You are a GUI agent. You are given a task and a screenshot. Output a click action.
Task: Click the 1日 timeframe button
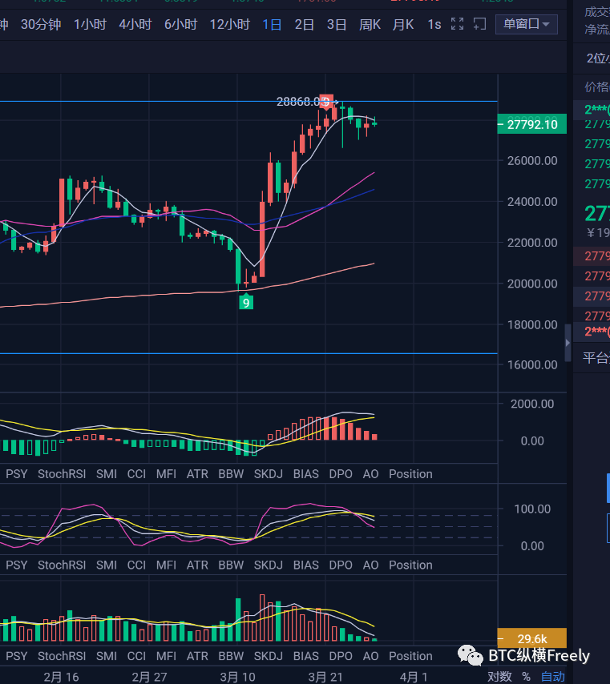pos(272,24)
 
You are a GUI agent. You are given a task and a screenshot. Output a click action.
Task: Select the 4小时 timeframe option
pos(135,24)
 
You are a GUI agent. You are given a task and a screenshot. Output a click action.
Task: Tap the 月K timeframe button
pos(402,24)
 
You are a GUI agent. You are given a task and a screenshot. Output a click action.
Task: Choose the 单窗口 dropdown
pos(526,24)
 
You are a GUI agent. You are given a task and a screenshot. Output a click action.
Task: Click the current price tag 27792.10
pos(532,124)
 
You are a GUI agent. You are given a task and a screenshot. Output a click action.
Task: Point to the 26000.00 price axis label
pos(532,160)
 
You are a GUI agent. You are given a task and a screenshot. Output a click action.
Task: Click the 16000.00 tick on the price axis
pos(532,364)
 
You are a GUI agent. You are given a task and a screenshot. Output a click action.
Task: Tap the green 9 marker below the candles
pos(247,302)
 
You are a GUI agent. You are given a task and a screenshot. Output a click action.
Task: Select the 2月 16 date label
pos(61,677)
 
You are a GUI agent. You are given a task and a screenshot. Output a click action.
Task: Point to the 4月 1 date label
pos(414,677)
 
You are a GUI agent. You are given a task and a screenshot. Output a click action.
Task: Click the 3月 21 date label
pos(325,677)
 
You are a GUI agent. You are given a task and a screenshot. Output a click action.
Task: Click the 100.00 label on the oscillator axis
pos(532,509)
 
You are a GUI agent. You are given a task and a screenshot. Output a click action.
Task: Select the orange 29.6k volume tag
pos(532,638)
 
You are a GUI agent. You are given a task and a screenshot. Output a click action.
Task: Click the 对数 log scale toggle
pos(499,677)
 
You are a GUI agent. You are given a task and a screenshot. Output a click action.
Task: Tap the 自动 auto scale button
pos(552,677)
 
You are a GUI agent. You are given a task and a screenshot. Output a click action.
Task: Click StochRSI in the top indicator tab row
pos(62,474)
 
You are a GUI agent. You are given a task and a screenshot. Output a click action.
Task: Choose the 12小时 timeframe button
pos(229,24)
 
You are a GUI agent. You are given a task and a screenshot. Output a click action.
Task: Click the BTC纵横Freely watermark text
pos(539,656)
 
